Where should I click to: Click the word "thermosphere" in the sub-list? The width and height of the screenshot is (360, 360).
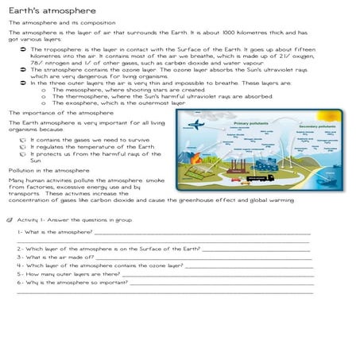tap(86, 97)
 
